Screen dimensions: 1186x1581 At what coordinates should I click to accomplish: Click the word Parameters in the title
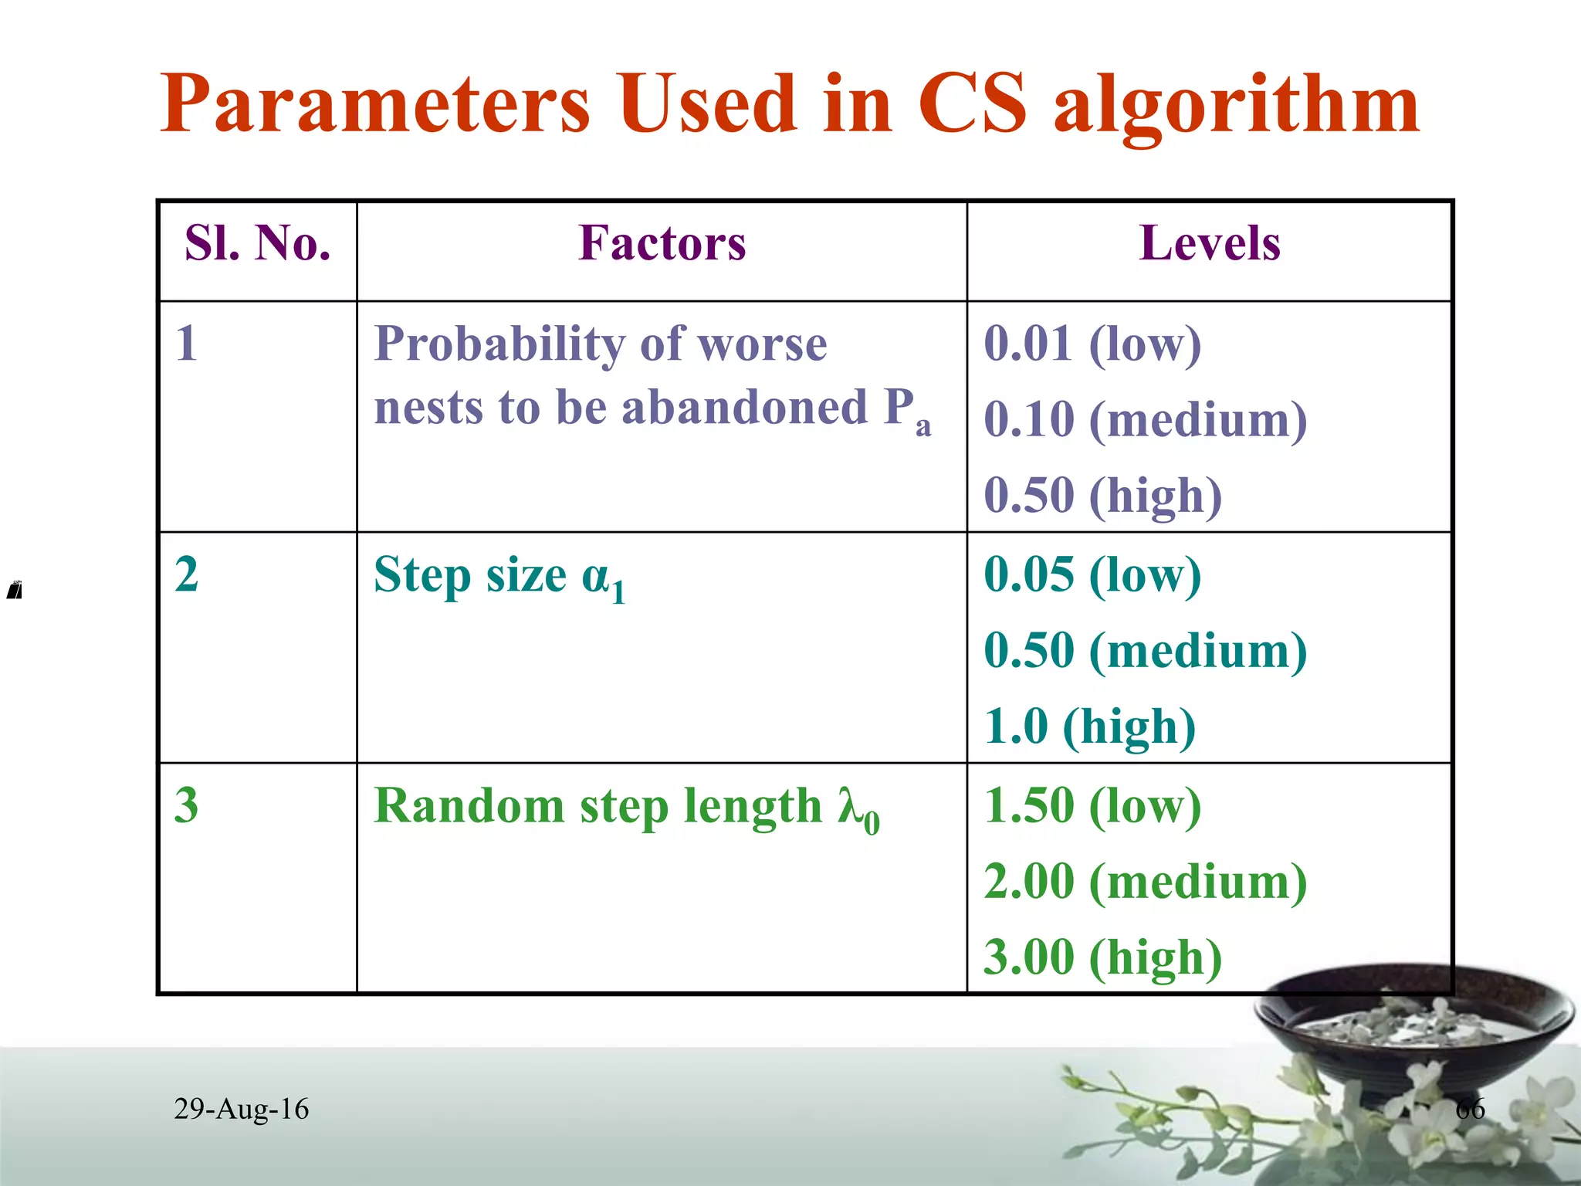pos(374,103)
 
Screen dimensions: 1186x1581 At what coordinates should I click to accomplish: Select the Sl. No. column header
pos(258,244)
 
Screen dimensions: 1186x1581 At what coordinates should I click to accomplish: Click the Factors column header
pos(662,244)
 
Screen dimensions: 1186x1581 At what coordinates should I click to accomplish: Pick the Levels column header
pos(1209,244)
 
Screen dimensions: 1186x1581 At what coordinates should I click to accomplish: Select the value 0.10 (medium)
pos(1145,419)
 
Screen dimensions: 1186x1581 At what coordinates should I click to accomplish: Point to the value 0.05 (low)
pos(1092,574)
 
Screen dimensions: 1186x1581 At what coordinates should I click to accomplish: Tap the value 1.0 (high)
pos(1089,727)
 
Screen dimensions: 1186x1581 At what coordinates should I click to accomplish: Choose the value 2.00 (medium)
pos(1145,881)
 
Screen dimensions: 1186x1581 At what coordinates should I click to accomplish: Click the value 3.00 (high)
pos(1102,957)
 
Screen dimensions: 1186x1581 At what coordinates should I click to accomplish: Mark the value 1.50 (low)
pos(1092,805)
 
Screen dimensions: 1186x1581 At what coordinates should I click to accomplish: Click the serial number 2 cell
pos(187,574)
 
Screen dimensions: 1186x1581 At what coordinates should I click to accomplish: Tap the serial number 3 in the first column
pos(187,805)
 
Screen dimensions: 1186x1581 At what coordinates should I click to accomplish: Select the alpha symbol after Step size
pos(596,576)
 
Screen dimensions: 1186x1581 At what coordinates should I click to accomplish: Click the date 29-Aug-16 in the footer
pos(241,1109)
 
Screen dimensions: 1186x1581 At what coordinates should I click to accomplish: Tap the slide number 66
pos(1470,1110)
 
